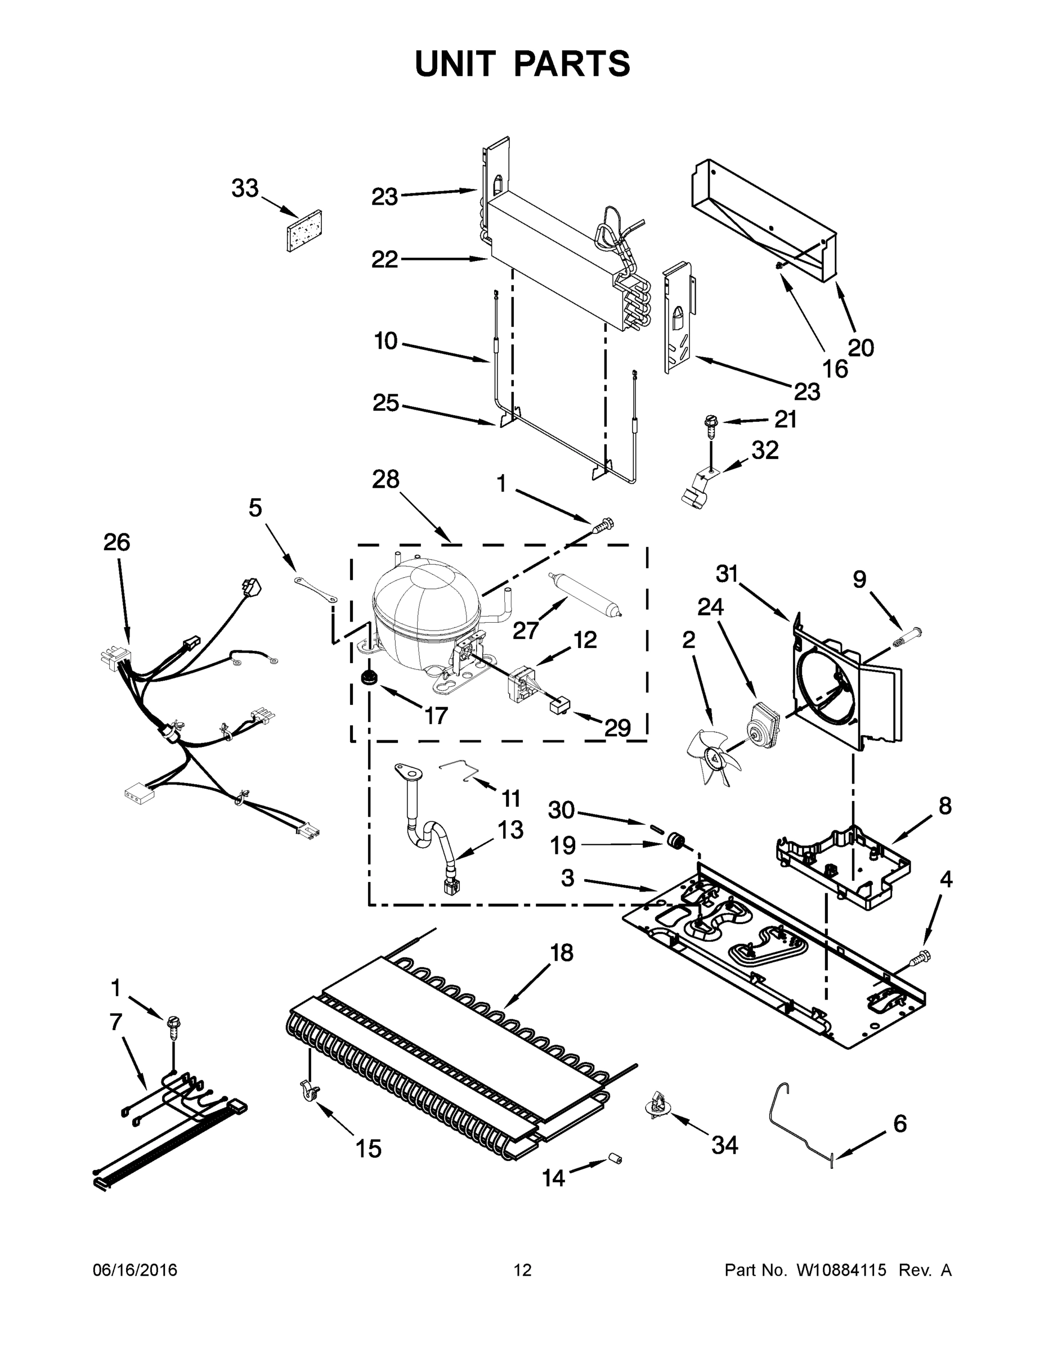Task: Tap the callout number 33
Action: tap(244, 188)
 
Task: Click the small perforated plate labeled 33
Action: tap(304, 231)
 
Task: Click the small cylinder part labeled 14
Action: tap(615, 1158)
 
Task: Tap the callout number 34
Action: tap(724, 1145)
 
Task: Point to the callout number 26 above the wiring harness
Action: tap(117, 542)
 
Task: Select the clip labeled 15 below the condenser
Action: tap(310, 1093)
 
